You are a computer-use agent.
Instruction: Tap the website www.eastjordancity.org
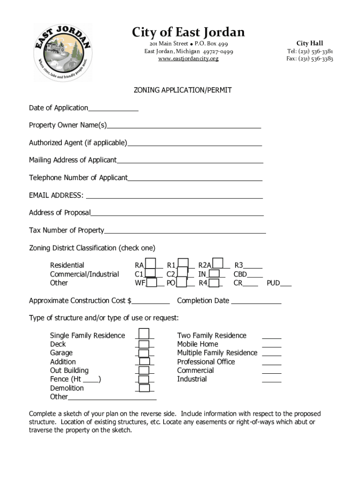[x=188, y=59]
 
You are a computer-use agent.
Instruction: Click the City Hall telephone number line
[x=310, y=51]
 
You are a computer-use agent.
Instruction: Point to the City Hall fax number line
[x=310, y=59]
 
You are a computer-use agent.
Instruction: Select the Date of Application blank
[x=113, y=109]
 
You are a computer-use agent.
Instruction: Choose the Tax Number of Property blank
[x=185, y=231]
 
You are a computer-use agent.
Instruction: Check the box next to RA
[x=151, y=264]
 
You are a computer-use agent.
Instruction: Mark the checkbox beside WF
[x=152, y=283]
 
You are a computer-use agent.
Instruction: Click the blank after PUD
[x=286, y=283]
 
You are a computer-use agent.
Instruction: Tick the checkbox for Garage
[x=144, y=353]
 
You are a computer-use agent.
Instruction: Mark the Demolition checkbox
[x=144, y=388]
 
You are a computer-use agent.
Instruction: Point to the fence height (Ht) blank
[x=92, y=380]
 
